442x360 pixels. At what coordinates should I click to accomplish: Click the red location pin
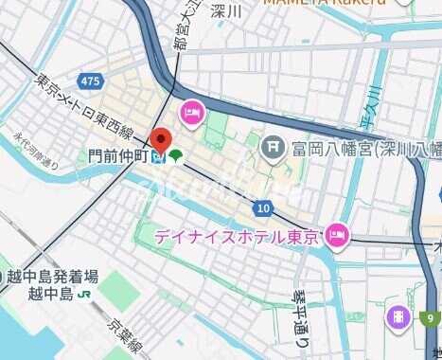161,139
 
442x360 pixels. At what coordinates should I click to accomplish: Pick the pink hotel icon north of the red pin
193,112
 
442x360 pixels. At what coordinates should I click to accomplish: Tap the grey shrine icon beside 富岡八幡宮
273,147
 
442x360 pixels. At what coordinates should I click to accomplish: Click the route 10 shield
262,207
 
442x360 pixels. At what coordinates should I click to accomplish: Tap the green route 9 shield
432,319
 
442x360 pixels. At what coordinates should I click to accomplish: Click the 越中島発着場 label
51,277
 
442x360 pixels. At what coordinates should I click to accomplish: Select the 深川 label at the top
226,11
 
